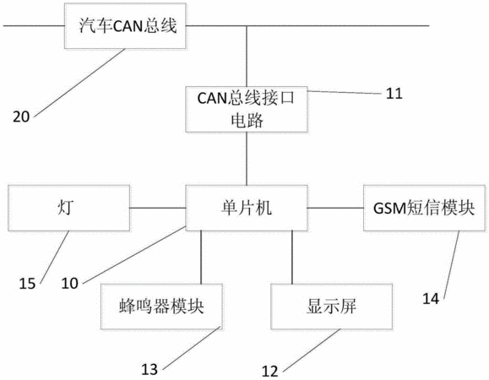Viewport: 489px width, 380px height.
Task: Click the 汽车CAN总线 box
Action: [x=125, y=26]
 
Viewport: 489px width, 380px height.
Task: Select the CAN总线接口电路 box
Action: [x=247, y=110]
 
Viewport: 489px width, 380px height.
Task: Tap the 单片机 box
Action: [x=247, y=208]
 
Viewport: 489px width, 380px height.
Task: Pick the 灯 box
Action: [x=68, y=208]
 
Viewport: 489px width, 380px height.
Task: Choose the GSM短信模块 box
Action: [x=425, y=208]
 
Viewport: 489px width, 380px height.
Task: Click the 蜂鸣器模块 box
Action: [x=161, y=307]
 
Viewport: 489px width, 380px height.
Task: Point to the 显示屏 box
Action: [x=332, y=307]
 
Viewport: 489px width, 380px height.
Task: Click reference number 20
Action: [x=21, y=117]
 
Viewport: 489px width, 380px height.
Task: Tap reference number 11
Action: [x=394, y=94]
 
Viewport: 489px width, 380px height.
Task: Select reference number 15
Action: [x=27, y=284]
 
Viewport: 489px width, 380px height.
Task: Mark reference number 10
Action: [x=69, y=284]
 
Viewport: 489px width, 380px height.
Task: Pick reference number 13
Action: [x=149, y=369]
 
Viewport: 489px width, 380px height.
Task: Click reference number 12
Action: [x=269, y=372]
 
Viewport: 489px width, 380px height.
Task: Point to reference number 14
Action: [x=431, y=299]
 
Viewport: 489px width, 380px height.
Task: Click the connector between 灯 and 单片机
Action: [x=158, y=208]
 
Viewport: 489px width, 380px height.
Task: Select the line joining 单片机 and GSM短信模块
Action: [x=335, y=208]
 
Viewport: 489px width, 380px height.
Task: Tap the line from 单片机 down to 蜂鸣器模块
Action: [x=201, y=258]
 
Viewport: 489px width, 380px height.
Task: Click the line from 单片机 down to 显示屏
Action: [x=292, y=258]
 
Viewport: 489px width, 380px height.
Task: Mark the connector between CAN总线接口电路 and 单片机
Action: [x=247, y=159]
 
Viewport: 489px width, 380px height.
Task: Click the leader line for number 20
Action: [x=79, y=83]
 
